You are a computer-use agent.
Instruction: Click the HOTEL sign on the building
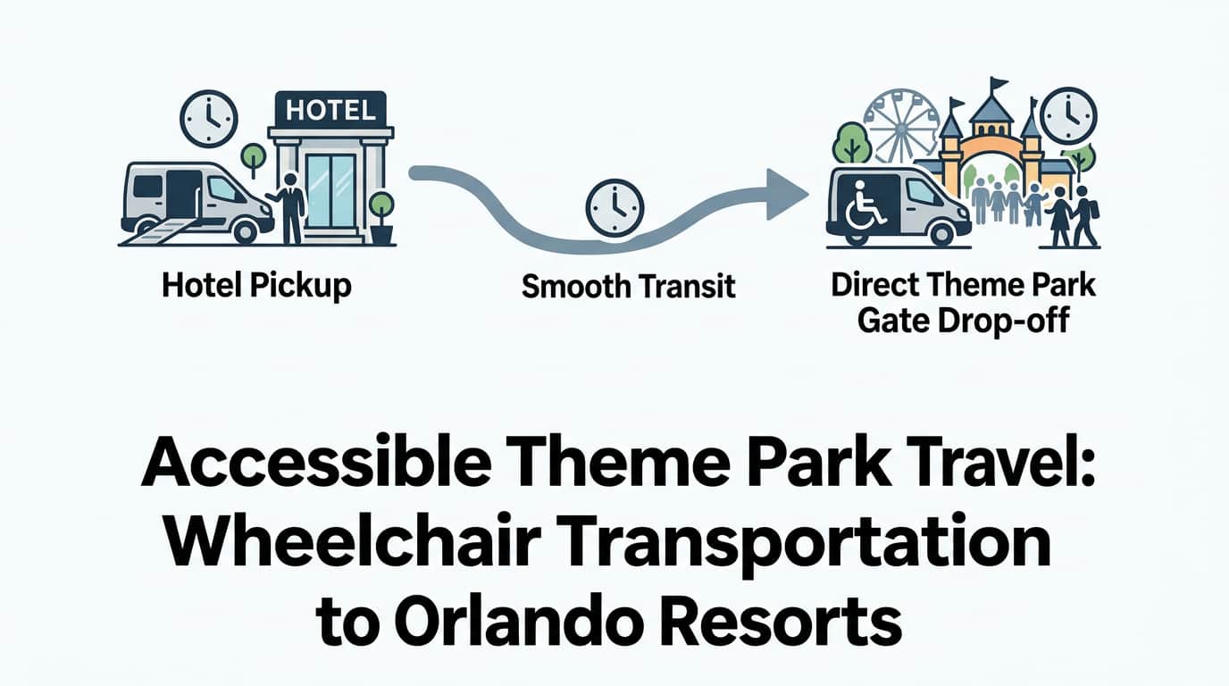[330, 109]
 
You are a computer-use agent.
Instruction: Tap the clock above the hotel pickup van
[208, 119]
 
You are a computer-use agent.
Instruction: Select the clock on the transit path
[614, 208]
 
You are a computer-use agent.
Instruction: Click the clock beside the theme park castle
[1069, 116]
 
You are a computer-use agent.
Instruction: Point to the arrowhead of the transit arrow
[784, 194]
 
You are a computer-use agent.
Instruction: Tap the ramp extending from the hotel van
[160, 231]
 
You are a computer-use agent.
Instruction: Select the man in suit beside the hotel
[288, 208]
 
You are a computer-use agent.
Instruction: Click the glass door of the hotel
[330, 191]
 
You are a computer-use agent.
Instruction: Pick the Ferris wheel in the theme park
[899, 128]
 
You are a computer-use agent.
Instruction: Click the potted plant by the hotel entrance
[381, 218]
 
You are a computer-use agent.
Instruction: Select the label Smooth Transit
[628, 287]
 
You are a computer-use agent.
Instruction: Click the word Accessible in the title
[316, 461]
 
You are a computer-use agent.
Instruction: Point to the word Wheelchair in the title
[350, 540]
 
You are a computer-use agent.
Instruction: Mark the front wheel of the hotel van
[246, 231]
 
